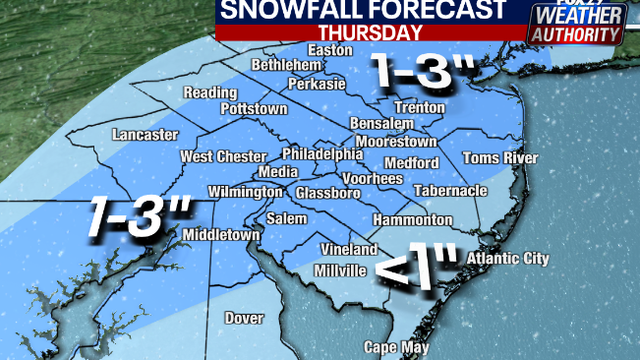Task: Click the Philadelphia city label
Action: pos(322,155)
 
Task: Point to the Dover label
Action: pos(243,319)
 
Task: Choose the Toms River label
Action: pos(500,159)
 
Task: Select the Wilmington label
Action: pos(246,192)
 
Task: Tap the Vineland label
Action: pos(348,249)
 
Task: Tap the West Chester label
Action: pos(223,157)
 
